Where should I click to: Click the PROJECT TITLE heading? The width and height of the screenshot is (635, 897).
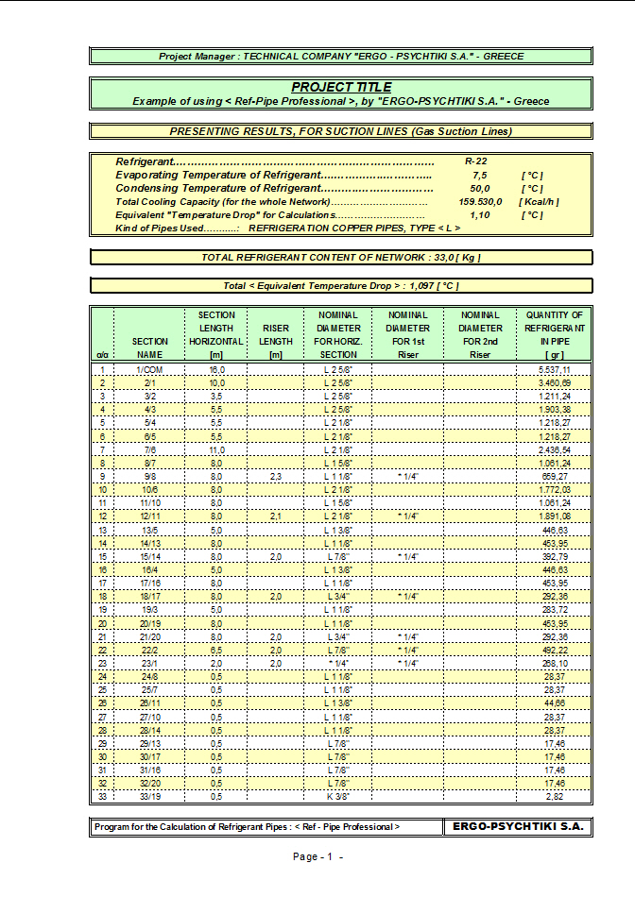340,87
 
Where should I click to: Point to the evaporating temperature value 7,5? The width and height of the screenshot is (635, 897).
479,176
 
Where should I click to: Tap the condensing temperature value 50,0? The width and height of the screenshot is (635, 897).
479,189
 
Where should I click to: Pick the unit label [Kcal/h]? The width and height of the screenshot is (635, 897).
539,202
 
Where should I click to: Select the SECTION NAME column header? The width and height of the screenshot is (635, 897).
150,347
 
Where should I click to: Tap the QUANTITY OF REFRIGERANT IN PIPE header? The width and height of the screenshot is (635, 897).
554,334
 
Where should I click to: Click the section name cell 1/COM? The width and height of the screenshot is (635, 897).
150,370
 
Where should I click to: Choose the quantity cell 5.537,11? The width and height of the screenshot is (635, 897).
554,370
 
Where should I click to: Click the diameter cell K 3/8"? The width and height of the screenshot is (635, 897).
337,797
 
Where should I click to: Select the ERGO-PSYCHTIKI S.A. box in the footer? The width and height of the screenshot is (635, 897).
518,826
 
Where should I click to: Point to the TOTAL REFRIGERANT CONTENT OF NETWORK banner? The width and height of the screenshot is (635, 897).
340,258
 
